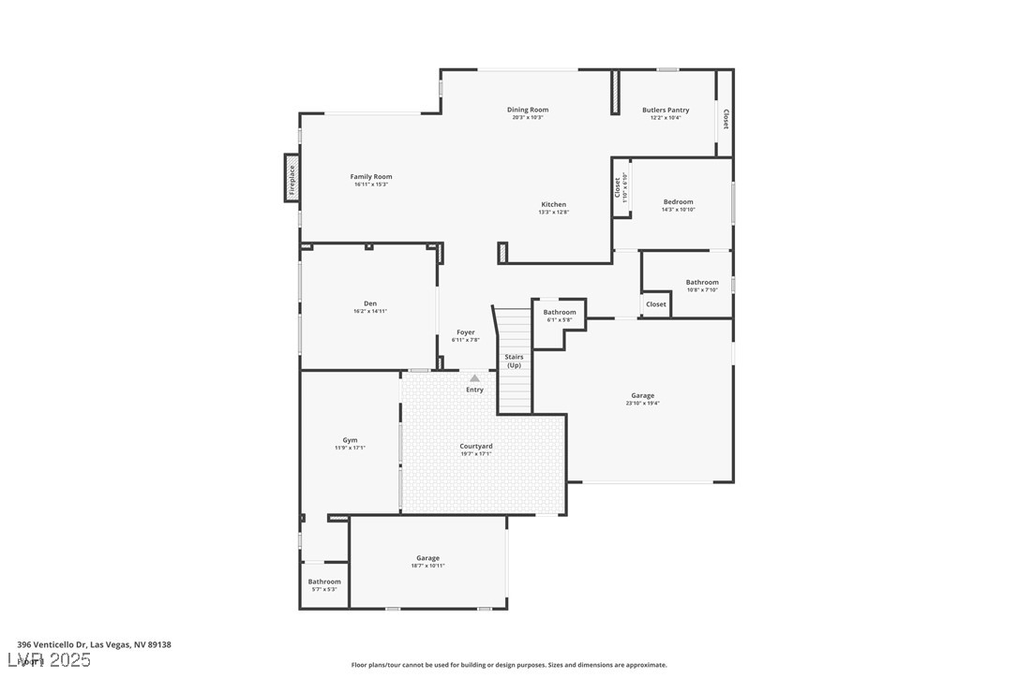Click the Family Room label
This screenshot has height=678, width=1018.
(371, 177)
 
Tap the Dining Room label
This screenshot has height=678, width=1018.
(528, 110)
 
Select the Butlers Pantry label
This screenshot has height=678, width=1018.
(666, 110)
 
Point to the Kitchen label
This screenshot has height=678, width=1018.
(553, 204)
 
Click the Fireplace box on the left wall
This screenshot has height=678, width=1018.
(292, 177)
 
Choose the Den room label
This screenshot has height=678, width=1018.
(370, 303)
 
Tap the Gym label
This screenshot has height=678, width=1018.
(350, 440)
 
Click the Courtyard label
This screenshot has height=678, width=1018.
(476, 447)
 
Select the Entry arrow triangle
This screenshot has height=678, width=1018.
(474, 378)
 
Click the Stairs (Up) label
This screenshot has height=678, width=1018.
(514, 361)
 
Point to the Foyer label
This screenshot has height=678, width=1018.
(466, 332)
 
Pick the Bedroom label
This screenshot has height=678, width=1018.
(678, 202)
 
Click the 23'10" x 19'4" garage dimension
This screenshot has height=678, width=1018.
(642, 404)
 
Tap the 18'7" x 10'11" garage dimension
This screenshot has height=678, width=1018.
(427, 566)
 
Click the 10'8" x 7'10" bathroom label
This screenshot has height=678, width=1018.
(702, 289)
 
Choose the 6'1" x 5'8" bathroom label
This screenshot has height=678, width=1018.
(560, 320)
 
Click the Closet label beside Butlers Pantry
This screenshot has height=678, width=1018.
(726, 119)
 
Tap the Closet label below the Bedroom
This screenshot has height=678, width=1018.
(656, 304)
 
